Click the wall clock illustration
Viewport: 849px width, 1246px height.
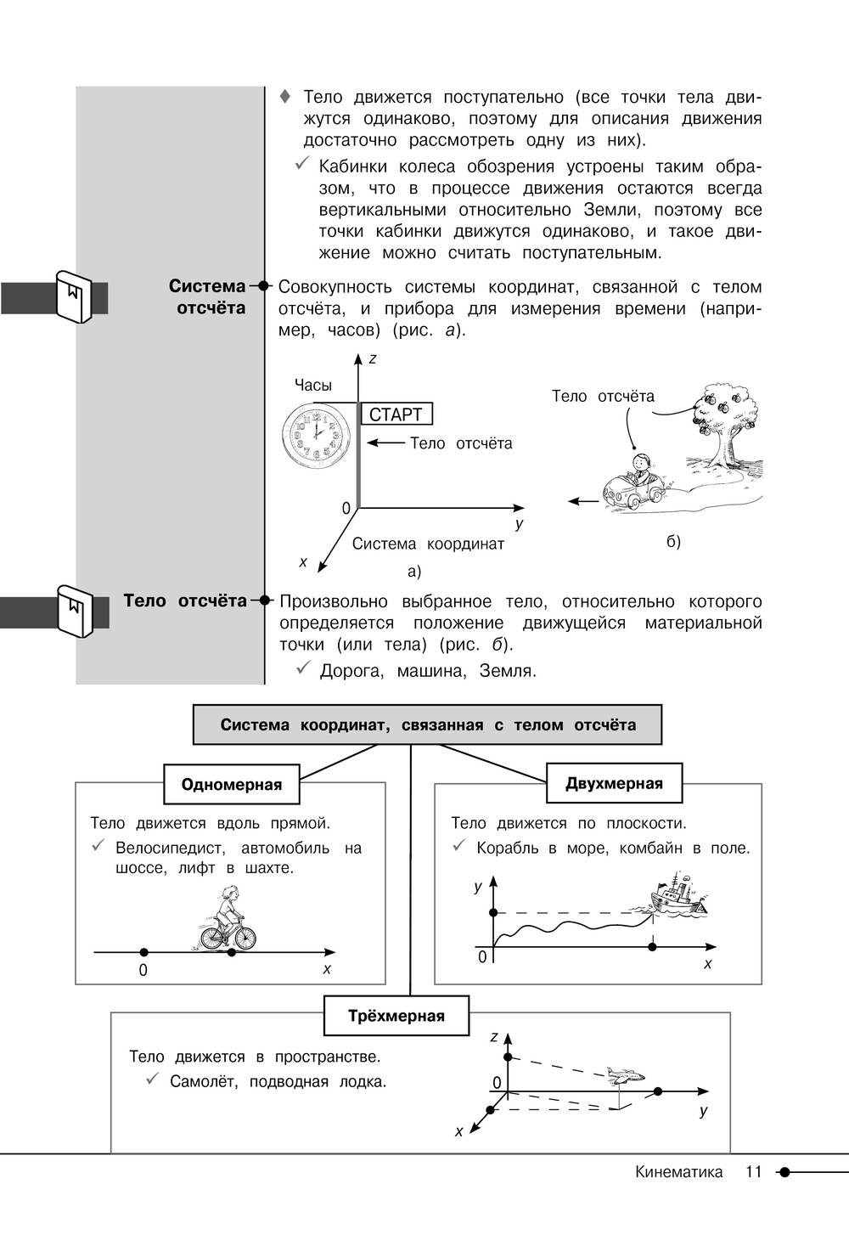(x=316, y=435)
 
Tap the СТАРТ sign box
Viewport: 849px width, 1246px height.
(x=396, y=414)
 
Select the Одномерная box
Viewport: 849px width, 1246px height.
(x=232, y=784)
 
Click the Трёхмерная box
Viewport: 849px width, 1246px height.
(x=396, y=1016)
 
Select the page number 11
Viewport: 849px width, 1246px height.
(x=754, y=1172)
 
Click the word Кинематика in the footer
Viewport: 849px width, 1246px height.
(x=678, y=1172)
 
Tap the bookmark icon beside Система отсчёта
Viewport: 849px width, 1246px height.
(x=72, y=296)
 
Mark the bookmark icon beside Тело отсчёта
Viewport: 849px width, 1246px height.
(x=74, y=610)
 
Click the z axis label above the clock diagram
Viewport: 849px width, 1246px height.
(x=372, y=359)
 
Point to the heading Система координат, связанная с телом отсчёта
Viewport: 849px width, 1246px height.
(x=427, y=724)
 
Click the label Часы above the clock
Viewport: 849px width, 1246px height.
(x=313, y=386)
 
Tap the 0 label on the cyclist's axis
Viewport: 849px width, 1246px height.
(x=143, y=970)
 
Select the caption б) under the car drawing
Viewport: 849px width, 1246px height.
(x=673, y=542)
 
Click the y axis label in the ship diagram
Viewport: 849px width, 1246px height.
(x=478, y=887)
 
